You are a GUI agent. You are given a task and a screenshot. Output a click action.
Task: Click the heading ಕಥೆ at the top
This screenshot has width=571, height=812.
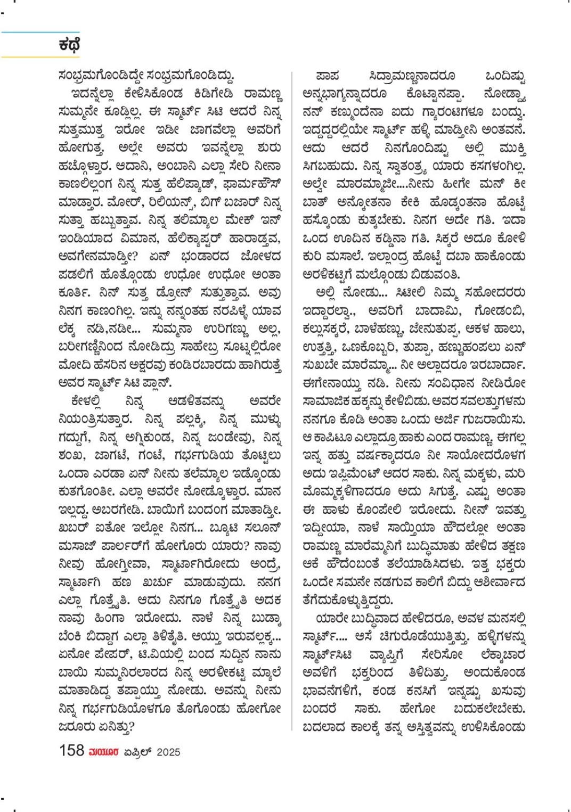[x=69, y=45]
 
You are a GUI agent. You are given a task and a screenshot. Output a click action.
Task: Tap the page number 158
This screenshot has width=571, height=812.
[x=72, y=750]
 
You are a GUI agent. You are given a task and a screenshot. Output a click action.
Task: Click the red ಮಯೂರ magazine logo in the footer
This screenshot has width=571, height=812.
[x=104, y=751]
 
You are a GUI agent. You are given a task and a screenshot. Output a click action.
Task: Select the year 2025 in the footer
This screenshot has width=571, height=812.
[x=168, y=752]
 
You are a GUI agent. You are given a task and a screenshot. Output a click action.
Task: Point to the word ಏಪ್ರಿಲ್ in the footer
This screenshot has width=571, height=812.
[x=138, y=752]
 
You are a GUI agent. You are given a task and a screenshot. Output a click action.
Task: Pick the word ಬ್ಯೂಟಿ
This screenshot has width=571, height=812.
[x=219, y=528]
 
